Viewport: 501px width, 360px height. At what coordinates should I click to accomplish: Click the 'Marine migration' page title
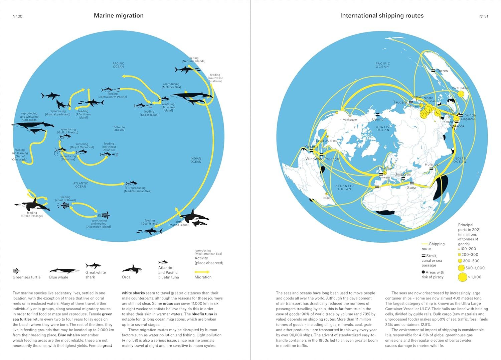pos(119,16)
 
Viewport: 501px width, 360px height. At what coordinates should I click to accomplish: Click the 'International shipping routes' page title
pos(382,16)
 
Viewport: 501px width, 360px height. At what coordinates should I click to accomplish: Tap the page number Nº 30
pos(17,16)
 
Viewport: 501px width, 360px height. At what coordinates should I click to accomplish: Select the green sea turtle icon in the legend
pos(16,271)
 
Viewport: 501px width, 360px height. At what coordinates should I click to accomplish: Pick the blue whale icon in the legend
pos(64,271)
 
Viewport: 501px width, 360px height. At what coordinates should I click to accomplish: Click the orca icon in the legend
pos(132,269)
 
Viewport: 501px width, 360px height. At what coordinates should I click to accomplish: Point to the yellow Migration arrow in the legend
pos(202,272)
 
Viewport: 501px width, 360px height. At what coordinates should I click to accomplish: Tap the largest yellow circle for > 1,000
pos(462,277)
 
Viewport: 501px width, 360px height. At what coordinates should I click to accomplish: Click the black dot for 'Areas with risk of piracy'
pos(424,272)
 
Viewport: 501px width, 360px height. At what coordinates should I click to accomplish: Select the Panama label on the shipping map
pos(311,146)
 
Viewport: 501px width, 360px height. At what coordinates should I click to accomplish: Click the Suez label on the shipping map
pos(411,188)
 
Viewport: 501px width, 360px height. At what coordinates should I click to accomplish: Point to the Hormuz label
pos(432,164)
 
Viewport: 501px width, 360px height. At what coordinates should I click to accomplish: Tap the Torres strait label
pos(442,71)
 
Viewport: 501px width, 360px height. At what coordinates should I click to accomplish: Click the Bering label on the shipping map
pos(378,119)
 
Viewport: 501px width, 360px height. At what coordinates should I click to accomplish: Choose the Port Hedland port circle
pos(461,94)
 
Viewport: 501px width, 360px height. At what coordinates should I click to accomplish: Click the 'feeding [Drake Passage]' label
pos(32,214)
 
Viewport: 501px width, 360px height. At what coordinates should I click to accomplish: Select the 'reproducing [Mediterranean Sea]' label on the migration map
pos(138,190)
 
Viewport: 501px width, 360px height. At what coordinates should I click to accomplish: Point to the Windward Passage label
pos(322,159)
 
